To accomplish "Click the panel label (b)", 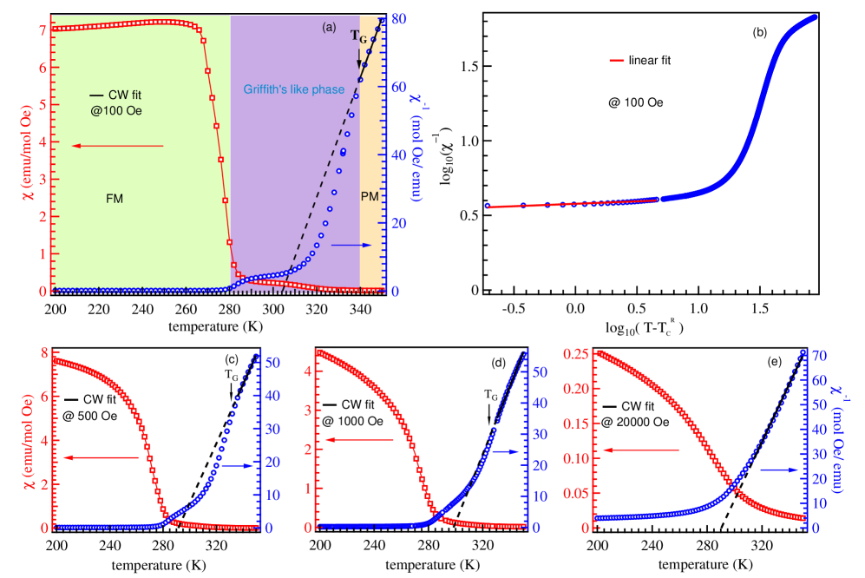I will pos(759,33).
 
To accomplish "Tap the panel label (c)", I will pos(232,359).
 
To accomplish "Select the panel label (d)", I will pos(498,363).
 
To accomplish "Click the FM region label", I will pos(115,198).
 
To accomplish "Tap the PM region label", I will pos(370,197).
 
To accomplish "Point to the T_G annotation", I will pos(358,36).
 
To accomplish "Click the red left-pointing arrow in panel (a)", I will pos(116,146).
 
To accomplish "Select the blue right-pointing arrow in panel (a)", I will pos(351,246).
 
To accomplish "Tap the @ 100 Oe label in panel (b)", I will pos(635,102).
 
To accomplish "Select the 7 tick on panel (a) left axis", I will pos(42,29).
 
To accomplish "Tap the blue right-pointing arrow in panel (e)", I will pos(778,470).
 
